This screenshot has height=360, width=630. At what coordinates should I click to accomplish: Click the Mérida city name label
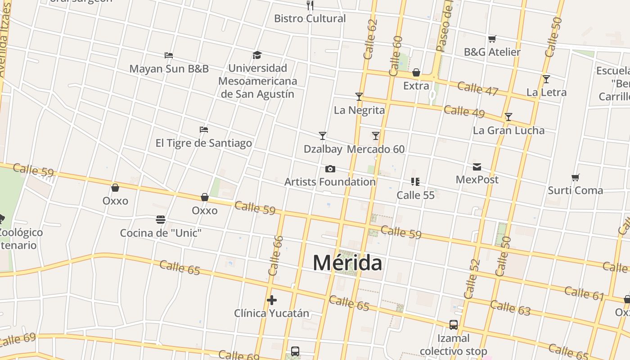tap(347, 263)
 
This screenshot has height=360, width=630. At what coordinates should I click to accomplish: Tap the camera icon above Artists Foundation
tap(330, 169)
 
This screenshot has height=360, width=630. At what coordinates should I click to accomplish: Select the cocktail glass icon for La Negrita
tap(359, 97)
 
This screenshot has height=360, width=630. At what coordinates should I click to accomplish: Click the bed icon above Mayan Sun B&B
tap(169, 55)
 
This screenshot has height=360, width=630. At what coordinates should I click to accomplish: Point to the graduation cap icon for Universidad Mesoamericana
tap(257, 55)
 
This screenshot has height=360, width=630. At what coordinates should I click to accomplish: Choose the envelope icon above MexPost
tap(477, 167)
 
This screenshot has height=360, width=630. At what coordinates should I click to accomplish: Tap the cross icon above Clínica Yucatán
tap(271, 300)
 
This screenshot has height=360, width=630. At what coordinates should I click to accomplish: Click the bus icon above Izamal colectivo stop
tap(454, 325)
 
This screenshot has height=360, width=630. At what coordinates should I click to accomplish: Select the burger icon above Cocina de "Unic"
tap(161, 220)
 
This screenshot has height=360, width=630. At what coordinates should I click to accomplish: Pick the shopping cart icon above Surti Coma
tap(575, 178)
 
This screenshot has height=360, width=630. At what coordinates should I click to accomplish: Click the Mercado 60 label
tap(376, 149)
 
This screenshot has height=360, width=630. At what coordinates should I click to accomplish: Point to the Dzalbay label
tap(323, 149)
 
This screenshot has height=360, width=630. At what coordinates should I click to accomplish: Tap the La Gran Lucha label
tap(508, 130)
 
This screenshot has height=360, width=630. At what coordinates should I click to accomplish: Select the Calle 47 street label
tap(477, 88)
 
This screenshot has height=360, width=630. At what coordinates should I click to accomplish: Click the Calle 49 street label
tap(464, 111)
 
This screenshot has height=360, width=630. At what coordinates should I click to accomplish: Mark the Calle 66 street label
tap(275, 256)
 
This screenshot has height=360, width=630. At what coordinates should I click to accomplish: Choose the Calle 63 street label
tap(510, 308)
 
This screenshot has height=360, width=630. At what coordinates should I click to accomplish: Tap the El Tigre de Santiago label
tap(203, 143)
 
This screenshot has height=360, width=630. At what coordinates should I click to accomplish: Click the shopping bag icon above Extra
tap(416, 73)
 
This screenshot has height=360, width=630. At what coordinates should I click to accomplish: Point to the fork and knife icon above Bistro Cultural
tap(310, 5)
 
